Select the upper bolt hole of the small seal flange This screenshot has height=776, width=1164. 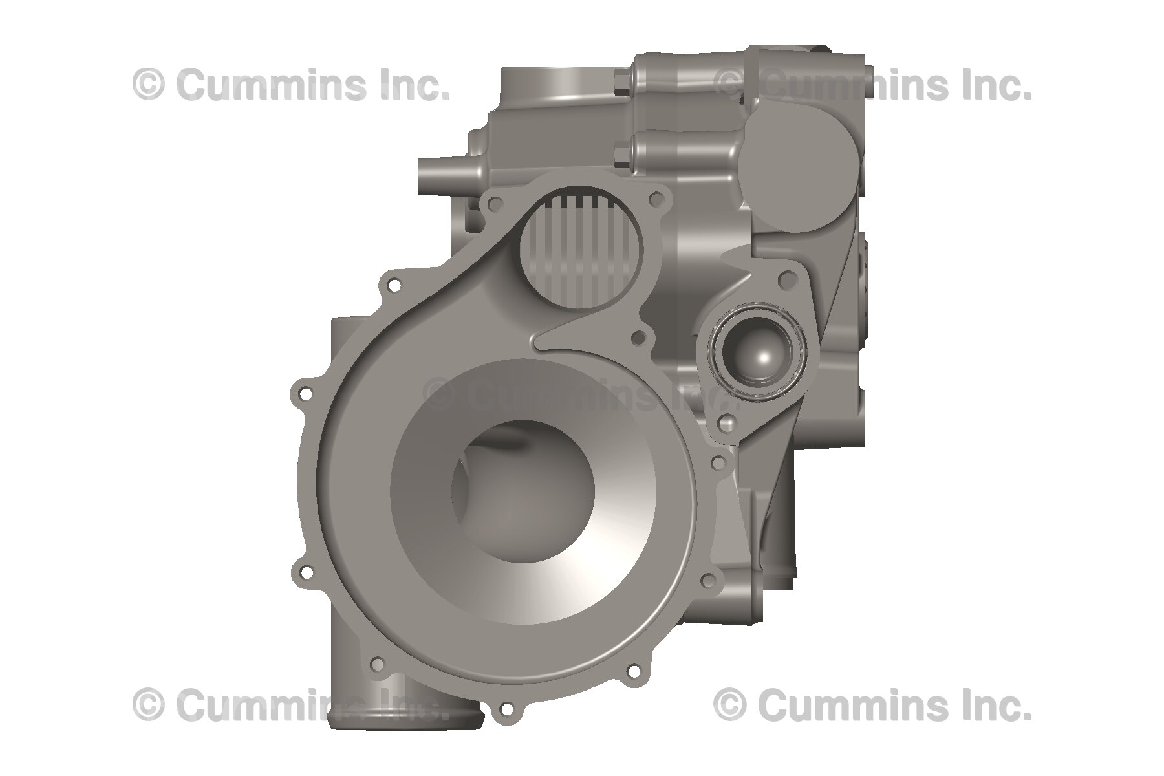point(786,279)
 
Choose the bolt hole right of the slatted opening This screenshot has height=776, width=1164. point(660,204)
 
